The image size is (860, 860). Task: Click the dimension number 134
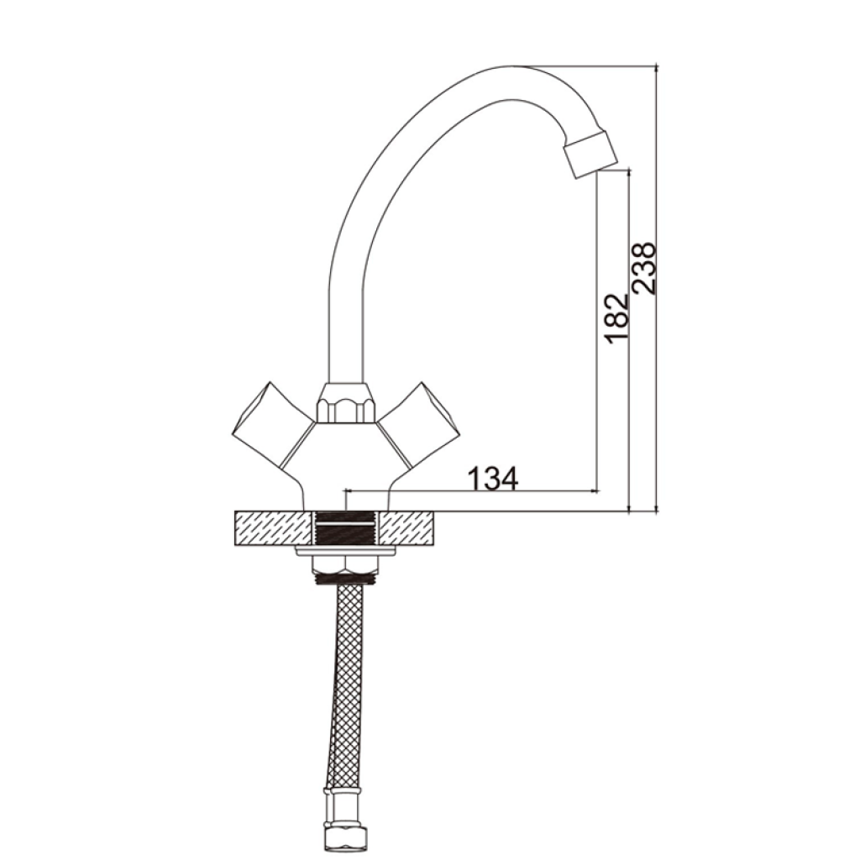pyautogui.click(x=492, y=478)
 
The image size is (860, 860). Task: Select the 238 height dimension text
pyautogui.click(x=644, y=269)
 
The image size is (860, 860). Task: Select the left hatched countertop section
pyautogui.click(x=273, y=528)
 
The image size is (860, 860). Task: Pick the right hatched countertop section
pyautogui.click(x=409, y=528)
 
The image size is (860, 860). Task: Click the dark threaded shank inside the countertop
pyautogui.click(x=347, y=528)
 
